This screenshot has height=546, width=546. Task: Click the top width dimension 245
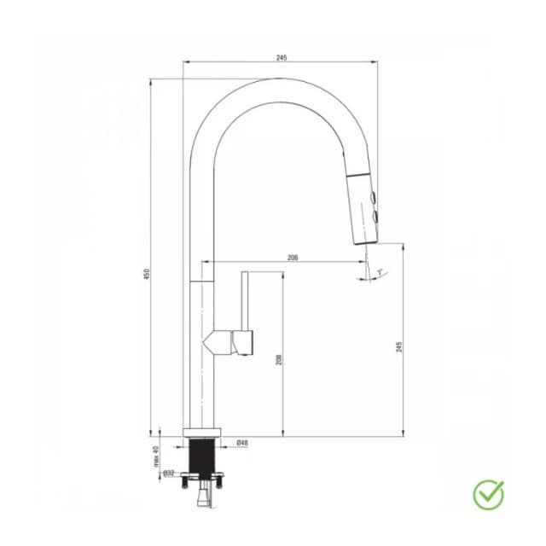282,58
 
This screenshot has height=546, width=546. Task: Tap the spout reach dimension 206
293,257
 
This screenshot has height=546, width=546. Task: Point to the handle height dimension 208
278,361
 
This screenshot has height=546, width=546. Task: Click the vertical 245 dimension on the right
398,346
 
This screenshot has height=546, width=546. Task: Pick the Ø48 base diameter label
242,443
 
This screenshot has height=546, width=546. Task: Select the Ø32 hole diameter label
168,472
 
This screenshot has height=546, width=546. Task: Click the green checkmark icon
488,492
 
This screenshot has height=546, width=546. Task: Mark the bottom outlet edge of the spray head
365,242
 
